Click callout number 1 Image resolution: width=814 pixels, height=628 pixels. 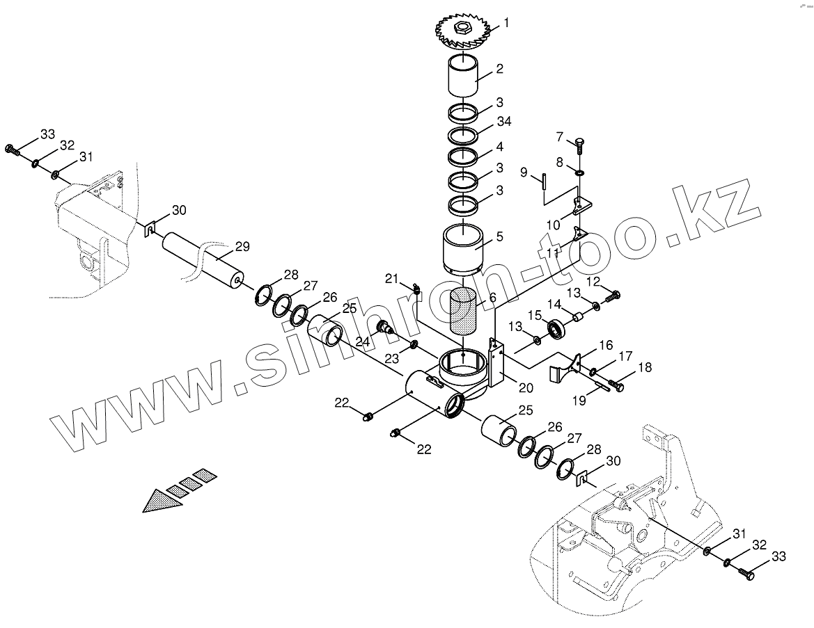[x=506, y=23]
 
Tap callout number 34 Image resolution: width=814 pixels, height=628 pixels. [x=503, y=122]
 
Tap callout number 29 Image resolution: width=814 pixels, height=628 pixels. [x=242, y=246]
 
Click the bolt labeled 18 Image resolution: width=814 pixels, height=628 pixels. [x=616, y=382]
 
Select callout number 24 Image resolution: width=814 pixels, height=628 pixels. [x=362, y=341]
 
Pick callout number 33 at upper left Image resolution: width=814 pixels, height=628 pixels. [x=47, y=134]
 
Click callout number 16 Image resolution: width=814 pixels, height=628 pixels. [x=606, y=345]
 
